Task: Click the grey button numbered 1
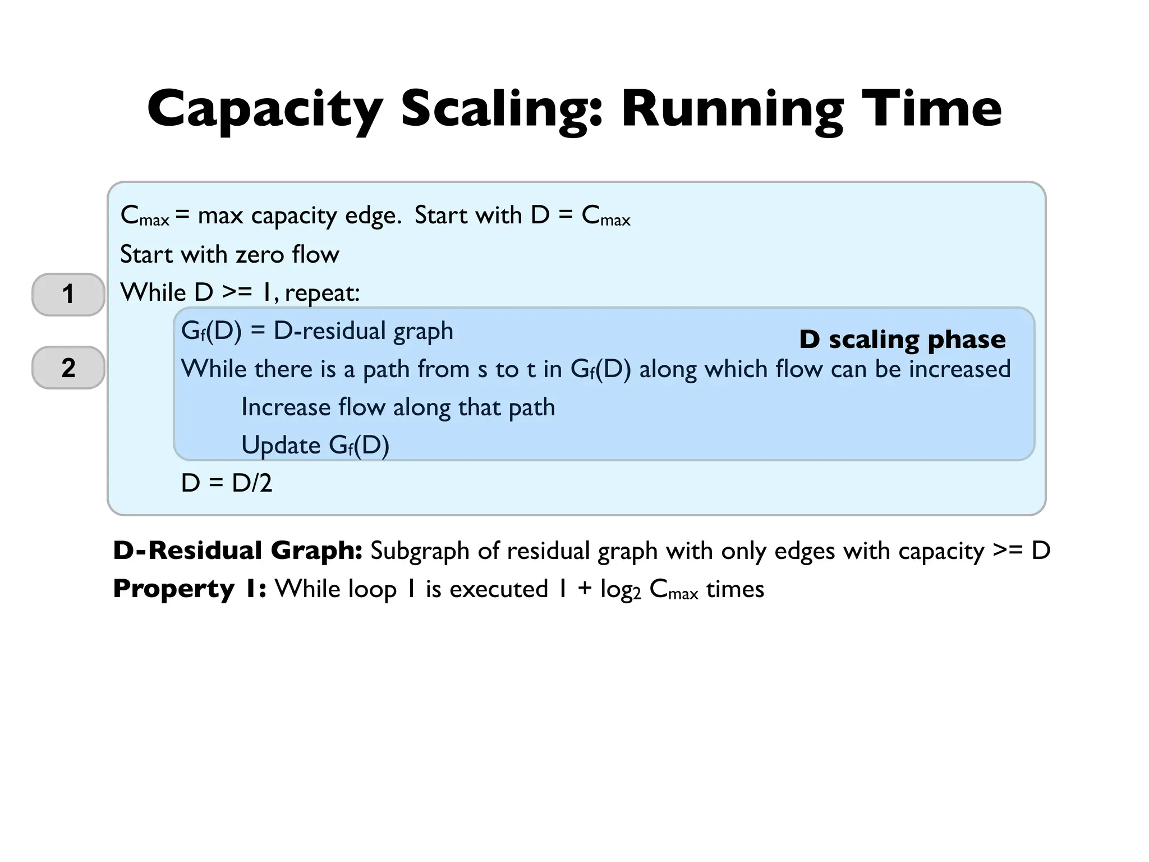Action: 68,294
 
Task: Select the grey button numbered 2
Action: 68,368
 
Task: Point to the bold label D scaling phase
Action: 902,339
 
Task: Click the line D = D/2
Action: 227,483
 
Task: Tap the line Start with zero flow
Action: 229,254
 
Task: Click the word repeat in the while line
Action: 322,293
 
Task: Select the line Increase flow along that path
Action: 398,407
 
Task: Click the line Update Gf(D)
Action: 315,445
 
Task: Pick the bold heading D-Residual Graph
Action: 237,551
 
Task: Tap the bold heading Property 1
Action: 190,589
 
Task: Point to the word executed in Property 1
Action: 499,589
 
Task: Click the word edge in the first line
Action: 372,215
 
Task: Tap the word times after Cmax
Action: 735,589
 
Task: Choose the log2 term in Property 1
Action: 620,590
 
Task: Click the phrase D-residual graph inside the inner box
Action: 363,331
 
